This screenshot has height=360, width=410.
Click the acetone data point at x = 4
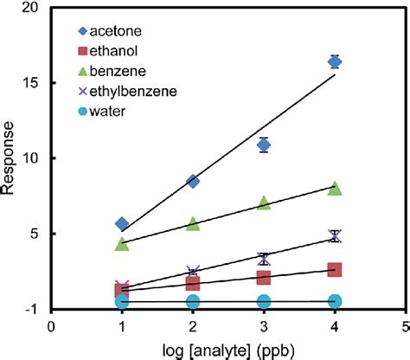(x=335, y=61)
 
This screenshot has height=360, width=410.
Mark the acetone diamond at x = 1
(x=122, y=224)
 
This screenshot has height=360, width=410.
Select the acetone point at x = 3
(x=264, y=145)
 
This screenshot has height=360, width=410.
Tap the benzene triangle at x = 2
(x=193, y=224)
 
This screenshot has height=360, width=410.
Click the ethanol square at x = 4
(x=335, y=270)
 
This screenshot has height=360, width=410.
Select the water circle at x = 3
(x=264, y=301)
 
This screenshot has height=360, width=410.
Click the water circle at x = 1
(x=122, y=301)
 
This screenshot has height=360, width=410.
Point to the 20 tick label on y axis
(x=35, y=8)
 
